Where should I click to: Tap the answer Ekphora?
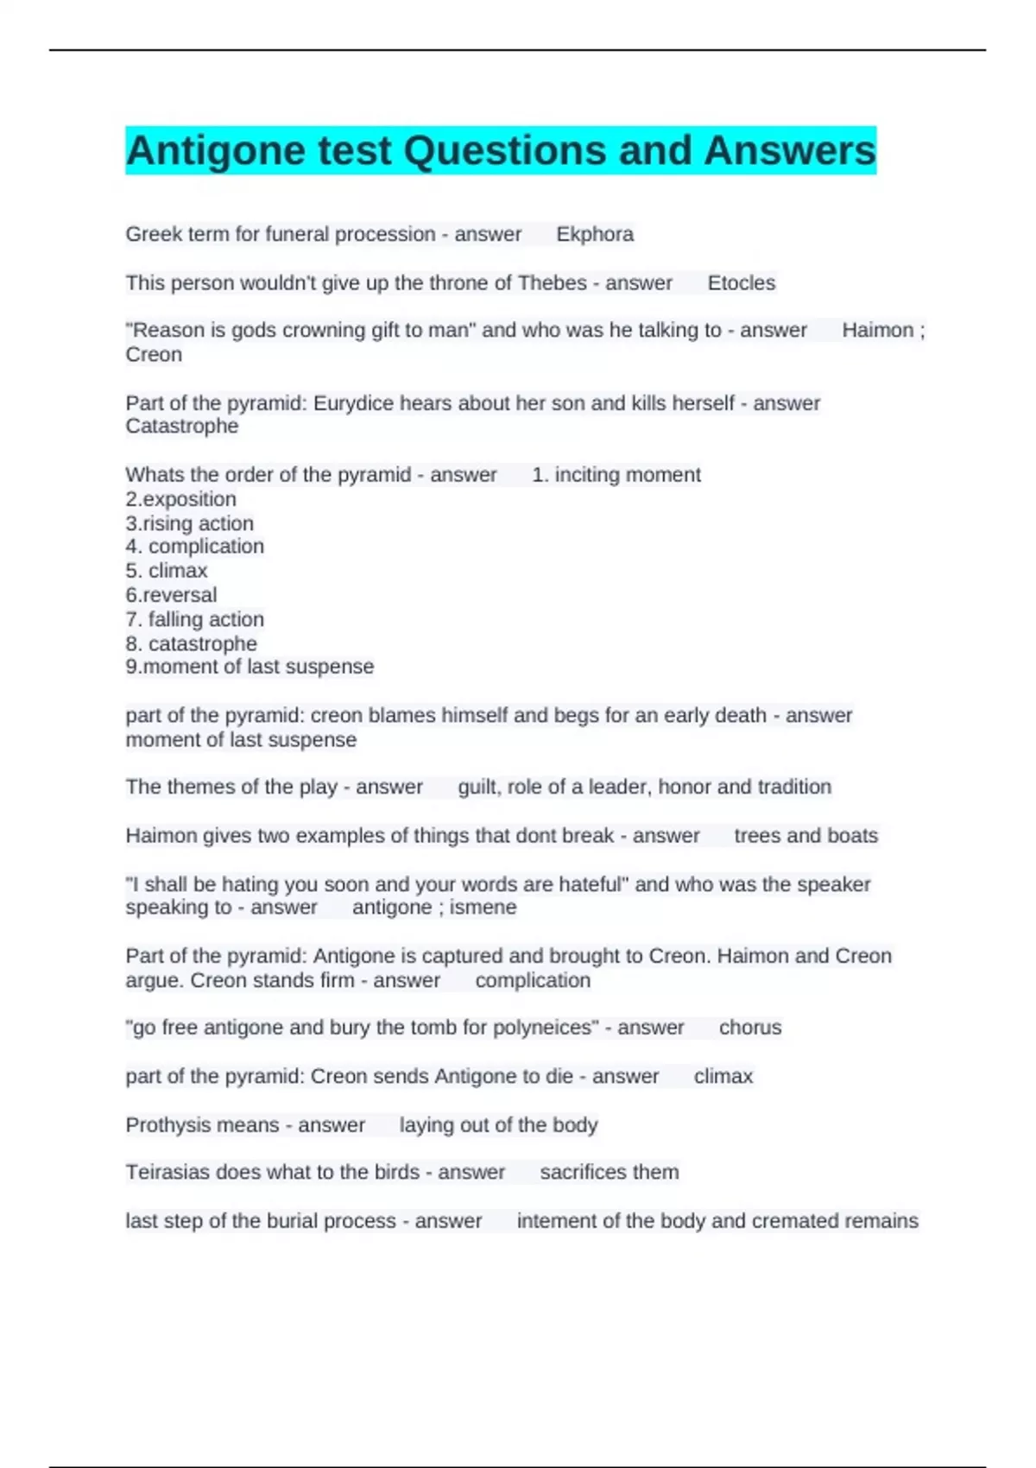tap(595, 234)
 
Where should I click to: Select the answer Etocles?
tap(741, 283)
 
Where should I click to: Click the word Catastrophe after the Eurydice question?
tap(182, 427)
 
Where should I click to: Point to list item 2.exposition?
tap(180, 499)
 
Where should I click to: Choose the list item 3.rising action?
tap(189, 523)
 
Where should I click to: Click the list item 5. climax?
tap(167, 571)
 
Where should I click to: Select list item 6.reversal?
tap(171, 595)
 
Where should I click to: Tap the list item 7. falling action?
tap(194, 619)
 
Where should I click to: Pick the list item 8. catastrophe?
tap(191, 643)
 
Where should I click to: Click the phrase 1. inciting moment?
tap(616, 475)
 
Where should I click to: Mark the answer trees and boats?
tap(805, 836)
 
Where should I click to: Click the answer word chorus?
tap(750, 1028)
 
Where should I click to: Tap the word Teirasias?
tap(167, 1173)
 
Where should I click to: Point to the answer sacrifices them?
tap(609, 1173)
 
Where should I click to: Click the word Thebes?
tap(552, 283)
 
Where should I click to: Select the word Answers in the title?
tap(789, 151)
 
